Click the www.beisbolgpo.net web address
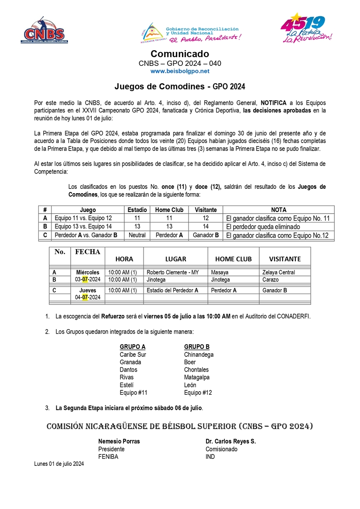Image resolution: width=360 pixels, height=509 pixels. [180, 71]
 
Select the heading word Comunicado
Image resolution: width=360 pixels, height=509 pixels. [180, 54]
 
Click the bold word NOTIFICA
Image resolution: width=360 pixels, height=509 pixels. [274, 103]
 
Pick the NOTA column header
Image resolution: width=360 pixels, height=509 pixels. [278, 210]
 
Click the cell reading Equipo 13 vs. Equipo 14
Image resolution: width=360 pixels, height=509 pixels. [83, 227]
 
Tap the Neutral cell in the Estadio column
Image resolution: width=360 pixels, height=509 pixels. [137, 236]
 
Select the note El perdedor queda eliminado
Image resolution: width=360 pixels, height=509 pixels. [263, 227]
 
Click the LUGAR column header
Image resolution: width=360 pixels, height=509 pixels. [175, 259]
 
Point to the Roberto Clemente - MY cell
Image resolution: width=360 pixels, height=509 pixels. [173, 273]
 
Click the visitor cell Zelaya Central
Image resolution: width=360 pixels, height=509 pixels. [278, 273]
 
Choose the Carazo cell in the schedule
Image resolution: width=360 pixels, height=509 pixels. [271, 280]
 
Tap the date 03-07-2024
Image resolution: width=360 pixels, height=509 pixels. [88, 280]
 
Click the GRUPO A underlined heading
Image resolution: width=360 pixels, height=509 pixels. [133, 347]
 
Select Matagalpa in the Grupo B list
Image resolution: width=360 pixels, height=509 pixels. [197, 377]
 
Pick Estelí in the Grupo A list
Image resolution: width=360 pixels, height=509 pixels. [127, 385]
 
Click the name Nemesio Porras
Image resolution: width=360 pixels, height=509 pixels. [119, 441]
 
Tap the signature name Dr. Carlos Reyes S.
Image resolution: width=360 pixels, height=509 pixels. [230, 441]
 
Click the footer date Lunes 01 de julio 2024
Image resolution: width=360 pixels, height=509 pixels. [59, 464]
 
